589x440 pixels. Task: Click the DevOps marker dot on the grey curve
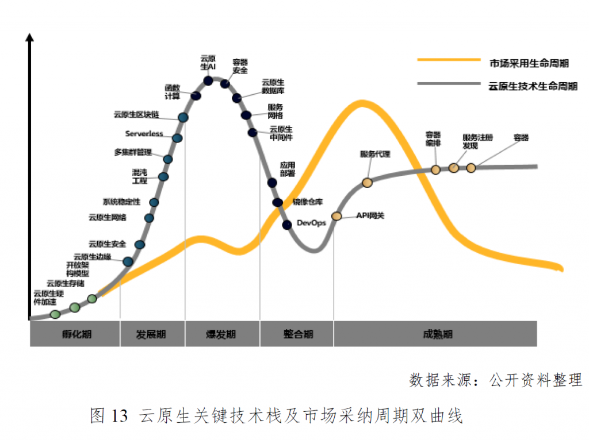(x=287, y=225)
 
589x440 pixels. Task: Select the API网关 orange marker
(x=336, y=217)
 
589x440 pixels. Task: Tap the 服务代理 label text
(x=375, y=154)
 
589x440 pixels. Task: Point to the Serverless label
(x=144, y=134)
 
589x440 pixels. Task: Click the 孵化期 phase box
(x=75, y=334)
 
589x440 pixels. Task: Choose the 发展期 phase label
(x=152, y=334)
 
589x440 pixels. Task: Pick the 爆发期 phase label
(x=221, y=334)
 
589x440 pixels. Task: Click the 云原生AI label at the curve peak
(x=208, y=62)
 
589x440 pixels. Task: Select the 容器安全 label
(x=240, y=66)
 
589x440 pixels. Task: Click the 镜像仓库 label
(x=308, y=202)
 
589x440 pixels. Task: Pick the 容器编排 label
(x=433, y=139)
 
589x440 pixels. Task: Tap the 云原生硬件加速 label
(x=45, y=297)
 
